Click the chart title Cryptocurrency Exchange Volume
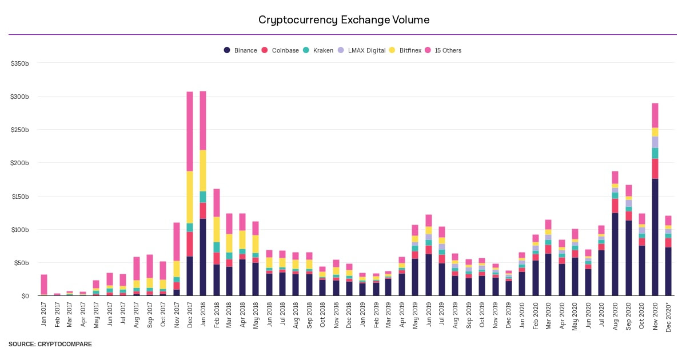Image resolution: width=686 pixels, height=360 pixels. point(344,20)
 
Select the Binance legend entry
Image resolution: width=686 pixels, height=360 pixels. point(241,50)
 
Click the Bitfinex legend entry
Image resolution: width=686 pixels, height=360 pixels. point(405,50)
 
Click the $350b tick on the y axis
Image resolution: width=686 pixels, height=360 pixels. point(20,63)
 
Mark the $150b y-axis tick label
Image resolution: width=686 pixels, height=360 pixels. point(20,196)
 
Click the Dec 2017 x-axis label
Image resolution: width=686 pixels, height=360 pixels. point(190,314)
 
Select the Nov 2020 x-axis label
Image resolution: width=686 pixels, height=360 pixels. point(655,314)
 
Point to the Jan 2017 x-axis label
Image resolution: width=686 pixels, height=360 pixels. point(44,314)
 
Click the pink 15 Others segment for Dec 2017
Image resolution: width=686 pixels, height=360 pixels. point(190,131)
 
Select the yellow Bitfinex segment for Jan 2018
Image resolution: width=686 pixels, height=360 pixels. point(202,170)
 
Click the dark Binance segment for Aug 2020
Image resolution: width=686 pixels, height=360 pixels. point(615,254)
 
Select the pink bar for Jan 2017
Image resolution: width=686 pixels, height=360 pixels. point(44,285)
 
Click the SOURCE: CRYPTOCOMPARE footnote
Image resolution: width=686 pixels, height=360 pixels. point(50,345)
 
